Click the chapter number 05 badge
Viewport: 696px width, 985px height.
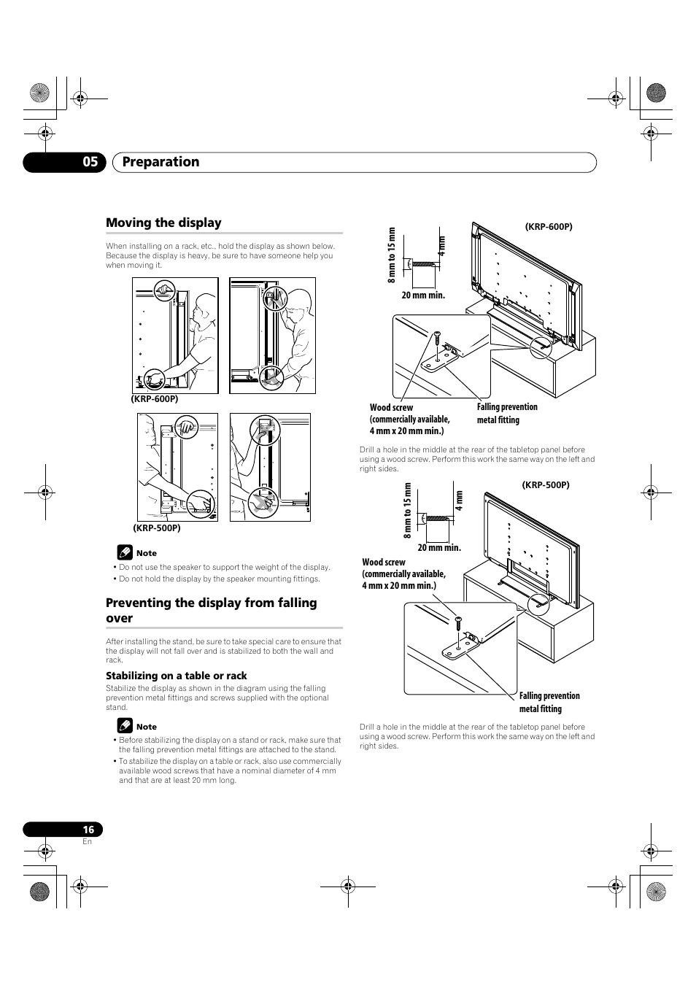click(89, 162)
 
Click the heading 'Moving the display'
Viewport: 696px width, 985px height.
click(163, 223)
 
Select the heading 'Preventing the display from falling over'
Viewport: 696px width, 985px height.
click(212, 610)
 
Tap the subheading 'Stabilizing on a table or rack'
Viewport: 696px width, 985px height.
click(177, 676)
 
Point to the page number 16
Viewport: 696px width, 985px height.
click(88, 830)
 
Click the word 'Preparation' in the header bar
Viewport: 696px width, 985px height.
click(161, 162)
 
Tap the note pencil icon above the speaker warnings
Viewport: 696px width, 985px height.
click(124, 552)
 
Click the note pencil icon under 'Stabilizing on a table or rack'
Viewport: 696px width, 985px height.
click(124, 726)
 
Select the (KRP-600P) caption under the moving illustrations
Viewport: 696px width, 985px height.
click(155, 399)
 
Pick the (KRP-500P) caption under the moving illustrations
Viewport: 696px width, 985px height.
click(156, 528)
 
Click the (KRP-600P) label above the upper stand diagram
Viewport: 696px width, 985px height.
click(549, 227)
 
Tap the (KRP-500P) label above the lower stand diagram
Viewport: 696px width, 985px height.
click(545, 484)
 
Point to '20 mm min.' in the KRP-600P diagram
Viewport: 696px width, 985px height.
click(423, 295)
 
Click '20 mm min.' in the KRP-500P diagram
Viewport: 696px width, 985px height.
click(439, 547)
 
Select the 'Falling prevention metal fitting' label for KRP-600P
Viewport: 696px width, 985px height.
click(507, 413)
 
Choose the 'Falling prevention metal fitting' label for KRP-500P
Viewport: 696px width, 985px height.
click(549, 702)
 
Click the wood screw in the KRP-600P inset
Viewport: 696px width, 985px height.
click(436, 339)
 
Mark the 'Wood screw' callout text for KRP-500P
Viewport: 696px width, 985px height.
click(403, 573)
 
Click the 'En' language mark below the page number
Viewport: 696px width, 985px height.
click(88, 841)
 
